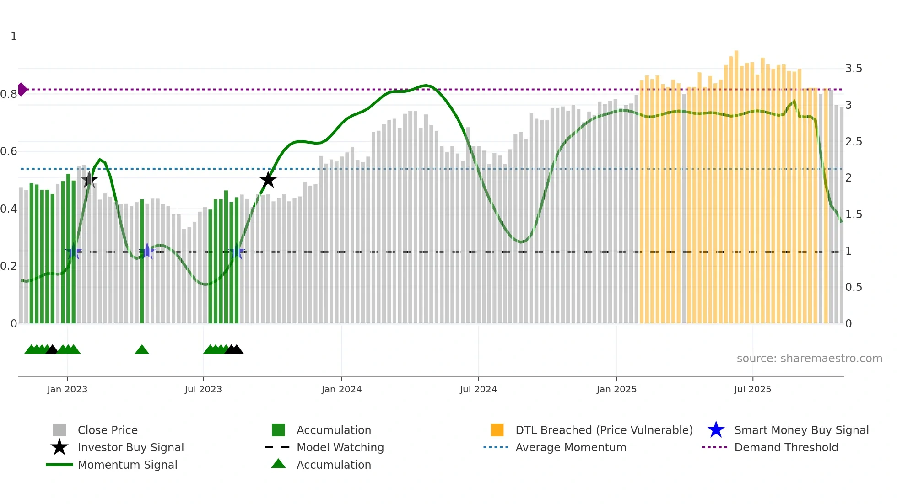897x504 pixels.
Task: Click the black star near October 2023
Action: pyautogui.click(x=268, y=180)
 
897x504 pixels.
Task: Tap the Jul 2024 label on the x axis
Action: pyautogui.click(x=478, y=389)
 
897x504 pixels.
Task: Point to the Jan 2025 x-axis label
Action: pyautogui.click(x=616, y=389)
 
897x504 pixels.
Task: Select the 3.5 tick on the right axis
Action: pyautogui.click(x=854, y=69)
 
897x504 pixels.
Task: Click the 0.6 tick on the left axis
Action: pyautogui.click(x=9, y=151)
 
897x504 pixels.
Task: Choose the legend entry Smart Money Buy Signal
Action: pyautogui.click(x=801, y=430)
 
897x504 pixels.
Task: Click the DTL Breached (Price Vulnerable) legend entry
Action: pyautogui.click(x=604, y=430)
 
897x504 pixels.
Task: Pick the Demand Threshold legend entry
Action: pyautogui.click(x=786, y=447)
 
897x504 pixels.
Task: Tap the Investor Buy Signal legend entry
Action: pyautogui.click(x=130, y=447)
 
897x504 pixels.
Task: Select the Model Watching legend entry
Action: pyautogui.click(x=340, y=447)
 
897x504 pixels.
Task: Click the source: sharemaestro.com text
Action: pyautogui.click(x=809, y=359)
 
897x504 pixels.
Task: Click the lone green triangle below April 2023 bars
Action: pyautogui.click(x=142, y=350)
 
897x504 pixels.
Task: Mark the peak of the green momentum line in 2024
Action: pyautogui.click(x=426, y=85)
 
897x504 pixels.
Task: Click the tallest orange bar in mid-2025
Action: pyautogui.click(x=736, y=53)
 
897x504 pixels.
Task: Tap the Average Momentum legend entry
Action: pyautogui.click(x=570, y=447)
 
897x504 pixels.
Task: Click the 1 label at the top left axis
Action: pyautogui.click(x=14, y=37)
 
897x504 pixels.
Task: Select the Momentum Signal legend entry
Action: pyautogui.click(x=127, y=465)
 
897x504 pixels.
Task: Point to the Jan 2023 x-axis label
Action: pyautogui.click(x=67, y=389)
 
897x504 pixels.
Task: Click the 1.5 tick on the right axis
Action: pyautogui.click(x=854, y=214)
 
